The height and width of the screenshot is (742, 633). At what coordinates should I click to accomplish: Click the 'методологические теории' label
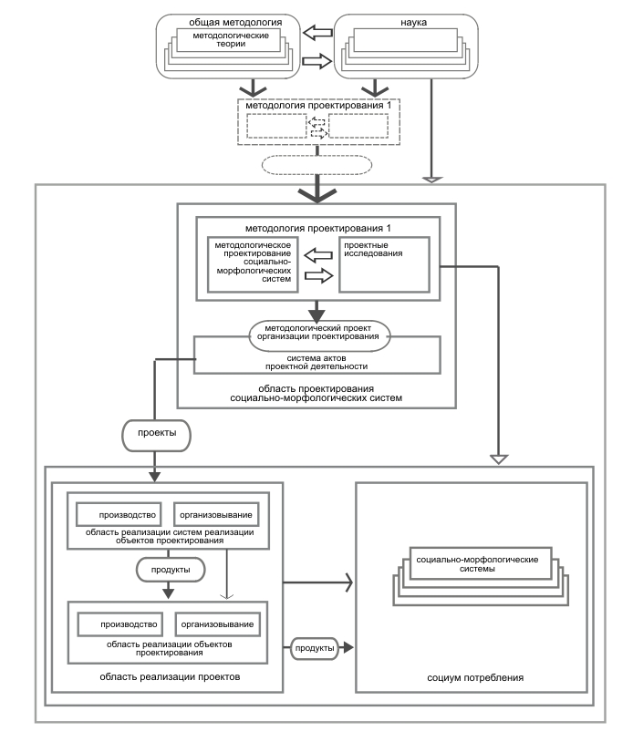(x=231, y=40)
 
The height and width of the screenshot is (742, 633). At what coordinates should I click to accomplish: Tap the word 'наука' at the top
(x=413, y=22)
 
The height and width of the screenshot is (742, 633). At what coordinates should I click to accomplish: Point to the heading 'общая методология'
(x=235, y=22)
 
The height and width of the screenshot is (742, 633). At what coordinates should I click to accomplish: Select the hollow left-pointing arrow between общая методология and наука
(x=317, y=33)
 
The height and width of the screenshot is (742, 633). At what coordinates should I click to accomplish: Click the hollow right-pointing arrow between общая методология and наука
(x=317, y=61)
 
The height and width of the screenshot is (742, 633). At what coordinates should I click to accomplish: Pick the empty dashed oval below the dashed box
(x=316, y=165)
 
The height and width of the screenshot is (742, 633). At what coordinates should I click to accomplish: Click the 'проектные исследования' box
(x=384, y=264)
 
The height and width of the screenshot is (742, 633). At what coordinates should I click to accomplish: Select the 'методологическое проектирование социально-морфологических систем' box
(x=253, y=264)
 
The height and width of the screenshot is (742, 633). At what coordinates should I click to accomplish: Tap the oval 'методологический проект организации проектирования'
(x=319, y=336)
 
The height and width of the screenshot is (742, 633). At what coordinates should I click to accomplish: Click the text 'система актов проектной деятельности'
(x=316, y=363)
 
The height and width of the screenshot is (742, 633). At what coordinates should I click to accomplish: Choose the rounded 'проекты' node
(x=157, y=436)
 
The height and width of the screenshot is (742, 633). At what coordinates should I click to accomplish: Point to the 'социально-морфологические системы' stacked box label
(x=477, y=564)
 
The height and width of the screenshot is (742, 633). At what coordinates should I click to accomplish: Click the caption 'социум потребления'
(x=475, y=677)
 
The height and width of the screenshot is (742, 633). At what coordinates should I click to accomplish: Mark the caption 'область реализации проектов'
(x=170, y=676)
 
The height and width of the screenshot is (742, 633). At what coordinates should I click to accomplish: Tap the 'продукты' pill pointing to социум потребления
(x=315, y=648)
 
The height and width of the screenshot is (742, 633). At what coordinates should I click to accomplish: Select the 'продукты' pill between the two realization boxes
(x=171, y=570)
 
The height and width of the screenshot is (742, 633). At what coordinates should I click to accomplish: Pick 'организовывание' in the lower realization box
(x=217, y=624)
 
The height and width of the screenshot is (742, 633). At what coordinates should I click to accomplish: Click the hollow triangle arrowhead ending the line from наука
(x=431, y=180)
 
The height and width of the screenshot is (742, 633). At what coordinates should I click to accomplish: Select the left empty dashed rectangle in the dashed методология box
(x=276, y=126)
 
